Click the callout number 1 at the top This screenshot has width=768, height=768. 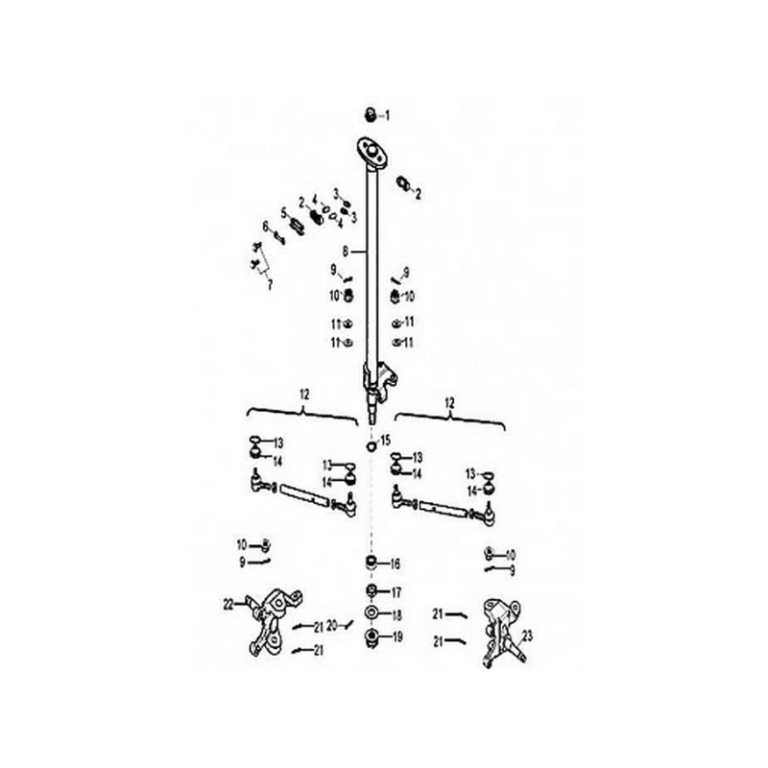(x=388, y=116)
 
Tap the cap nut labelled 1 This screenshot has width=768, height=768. (x=371, y=116)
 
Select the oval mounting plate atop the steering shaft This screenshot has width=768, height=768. (x=372, y=153)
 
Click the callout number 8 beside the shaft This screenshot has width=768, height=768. (x=346, y=252)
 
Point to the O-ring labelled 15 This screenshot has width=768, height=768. (x=372, y=445)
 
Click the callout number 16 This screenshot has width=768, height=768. (x=395, y=564)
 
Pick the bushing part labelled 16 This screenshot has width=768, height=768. (x=372, y=562)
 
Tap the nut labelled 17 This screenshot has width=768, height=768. (x=372, y=591)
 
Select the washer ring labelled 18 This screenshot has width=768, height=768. (x=372, y=612)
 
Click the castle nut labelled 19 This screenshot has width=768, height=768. (x=372, y=637)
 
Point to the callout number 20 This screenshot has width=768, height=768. (x=332, y=626)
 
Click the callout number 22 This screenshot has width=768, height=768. (x=228, y=605)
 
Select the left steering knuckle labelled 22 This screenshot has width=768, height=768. (x=273, y=622)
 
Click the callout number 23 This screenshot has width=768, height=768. (x=527, y=636)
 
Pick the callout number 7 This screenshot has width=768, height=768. (x=270, y=285)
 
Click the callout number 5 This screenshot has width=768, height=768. (x=283, y=213)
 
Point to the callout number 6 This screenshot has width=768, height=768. (x=266, y=227)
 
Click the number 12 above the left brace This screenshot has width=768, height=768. (x=304, y=395)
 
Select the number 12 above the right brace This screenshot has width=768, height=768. (x=449, y=403)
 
